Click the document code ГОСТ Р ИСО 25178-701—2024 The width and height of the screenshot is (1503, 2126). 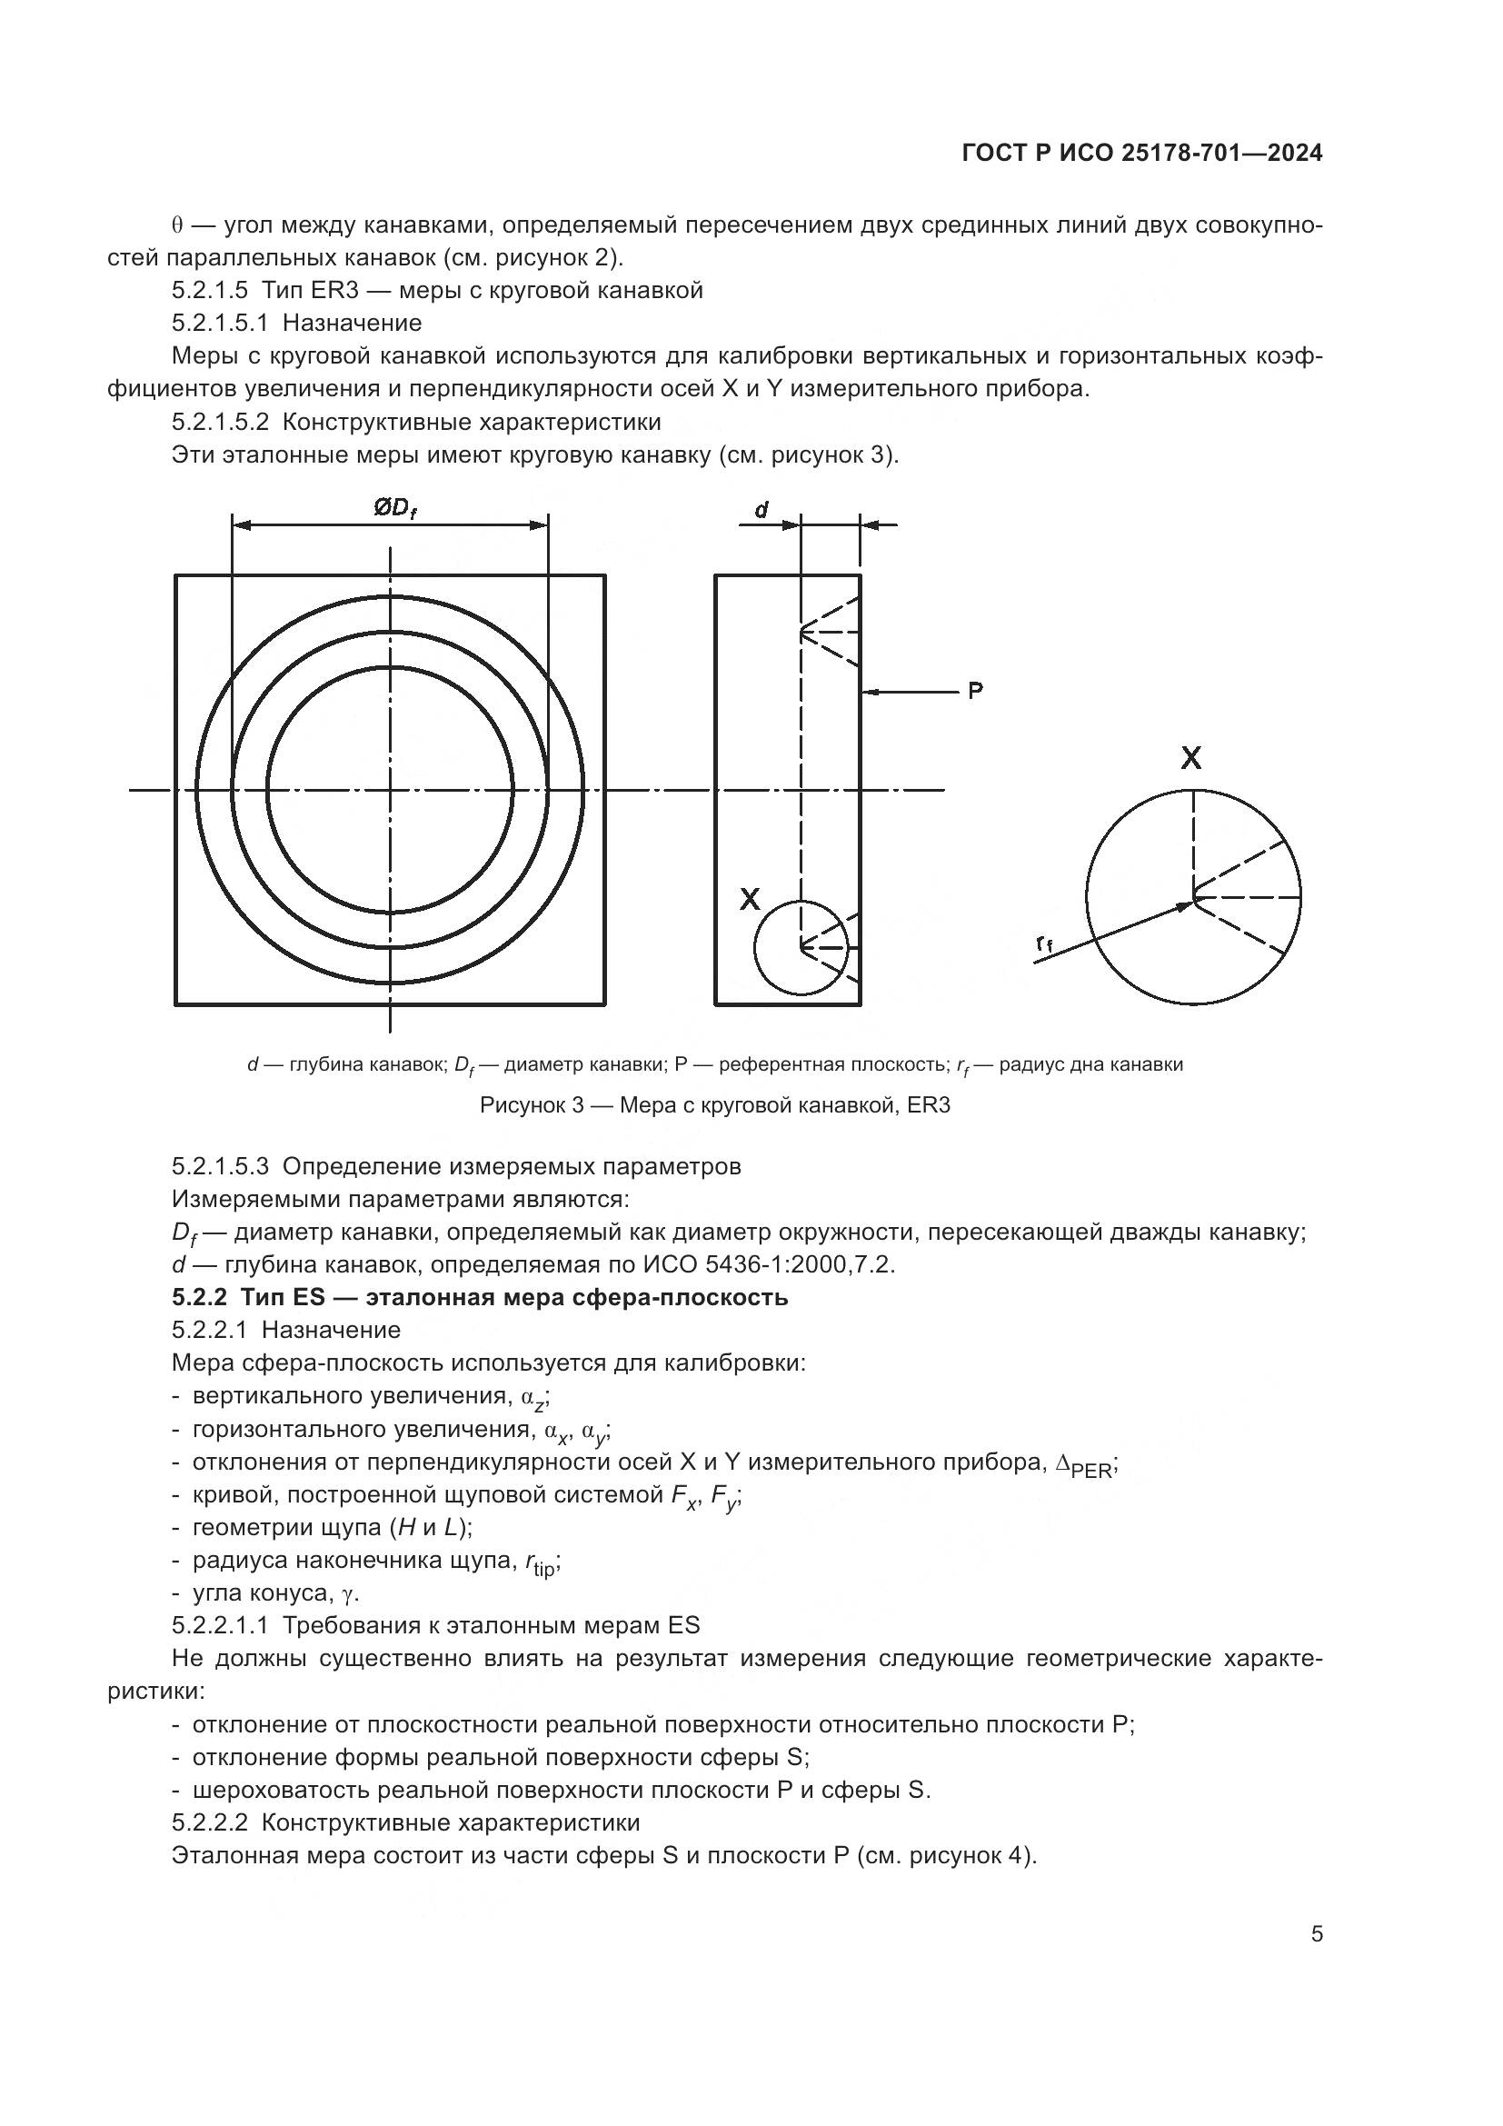point(1142,154)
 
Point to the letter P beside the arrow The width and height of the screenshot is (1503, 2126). point(975,690)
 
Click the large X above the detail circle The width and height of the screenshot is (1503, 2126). point(1191,758)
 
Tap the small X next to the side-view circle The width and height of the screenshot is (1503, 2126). point(750,898)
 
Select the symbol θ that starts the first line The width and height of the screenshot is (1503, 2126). point(177,226)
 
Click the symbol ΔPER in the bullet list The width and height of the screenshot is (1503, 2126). point(1087,1465)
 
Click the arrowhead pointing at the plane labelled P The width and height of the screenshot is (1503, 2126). point(869,691)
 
